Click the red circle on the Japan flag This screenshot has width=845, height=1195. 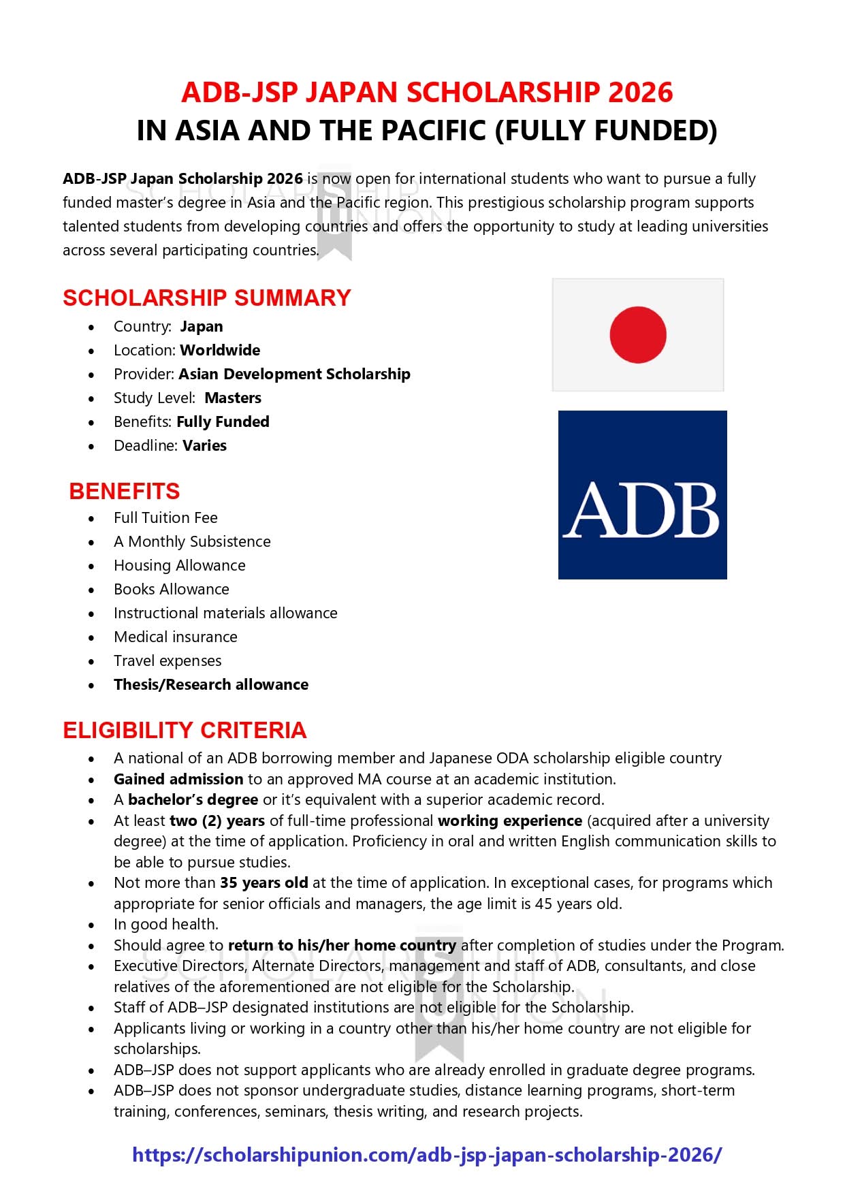tap(637, 334)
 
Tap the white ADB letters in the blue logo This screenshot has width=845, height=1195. tap(641, 511)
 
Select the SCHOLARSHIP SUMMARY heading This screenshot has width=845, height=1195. tap(206, 298)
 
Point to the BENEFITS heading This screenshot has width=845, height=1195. tap(124, 491)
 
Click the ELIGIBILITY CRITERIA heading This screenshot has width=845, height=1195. tap(185, 730)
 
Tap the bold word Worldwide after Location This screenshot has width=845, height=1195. tap(220, 350)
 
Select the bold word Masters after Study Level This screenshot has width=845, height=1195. tap(233, 398)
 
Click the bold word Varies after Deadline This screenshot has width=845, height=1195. tap(204, 445)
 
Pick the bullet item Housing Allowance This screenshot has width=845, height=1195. tap(179, 565)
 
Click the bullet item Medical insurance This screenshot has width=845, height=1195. tap(176, 637)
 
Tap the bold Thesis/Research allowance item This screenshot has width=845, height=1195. tap(210, 684)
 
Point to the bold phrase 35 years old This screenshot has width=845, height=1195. tap(264, 882)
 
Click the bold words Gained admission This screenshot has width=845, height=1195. tap(178, 779)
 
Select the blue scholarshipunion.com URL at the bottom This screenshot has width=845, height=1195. tap(427, 1155)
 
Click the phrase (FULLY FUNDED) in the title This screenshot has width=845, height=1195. tap(605, 130)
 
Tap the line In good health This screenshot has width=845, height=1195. tap(166, 924)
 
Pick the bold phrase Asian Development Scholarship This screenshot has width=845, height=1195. tap(294, 374)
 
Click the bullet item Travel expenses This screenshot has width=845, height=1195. tap(168, 660)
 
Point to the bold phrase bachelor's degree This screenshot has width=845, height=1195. tap(193, 799)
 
